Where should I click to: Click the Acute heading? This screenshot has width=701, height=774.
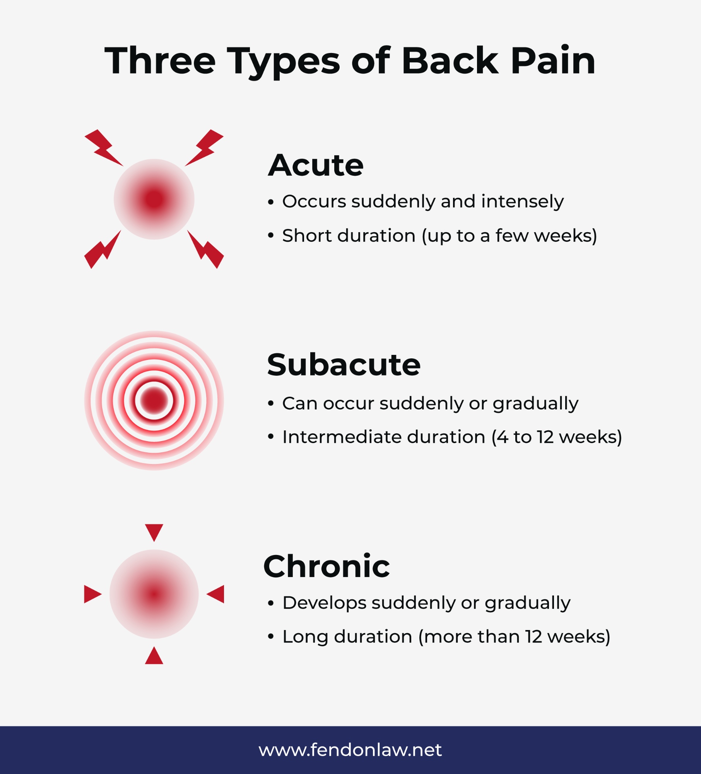pos(316,166)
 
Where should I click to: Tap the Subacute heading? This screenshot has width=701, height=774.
pos(344,365)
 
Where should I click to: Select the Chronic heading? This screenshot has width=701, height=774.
pos(327,567)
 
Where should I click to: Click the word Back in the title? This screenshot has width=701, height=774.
pos(450,61)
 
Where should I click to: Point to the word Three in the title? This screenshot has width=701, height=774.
pos(160,61)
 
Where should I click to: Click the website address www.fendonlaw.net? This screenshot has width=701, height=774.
pos(350,750)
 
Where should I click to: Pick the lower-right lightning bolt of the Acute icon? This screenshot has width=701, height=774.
pos(207,250)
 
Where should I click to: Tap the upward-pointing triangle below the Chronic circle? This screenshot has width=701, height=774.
pos(154,657)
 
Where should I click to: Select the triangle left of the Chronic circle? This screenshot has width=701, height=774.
pos(92,594)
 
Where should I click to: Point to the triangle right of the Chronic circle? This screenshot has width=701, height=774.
pos(216,594)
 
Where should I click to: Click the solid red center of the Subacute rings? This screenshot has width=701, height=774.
pos(154,401)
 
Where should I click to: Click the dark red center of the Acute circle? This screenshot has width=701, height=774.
pos(154,199)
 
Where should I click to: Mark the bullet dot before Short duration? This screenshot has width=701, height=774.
pos(271,236)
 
